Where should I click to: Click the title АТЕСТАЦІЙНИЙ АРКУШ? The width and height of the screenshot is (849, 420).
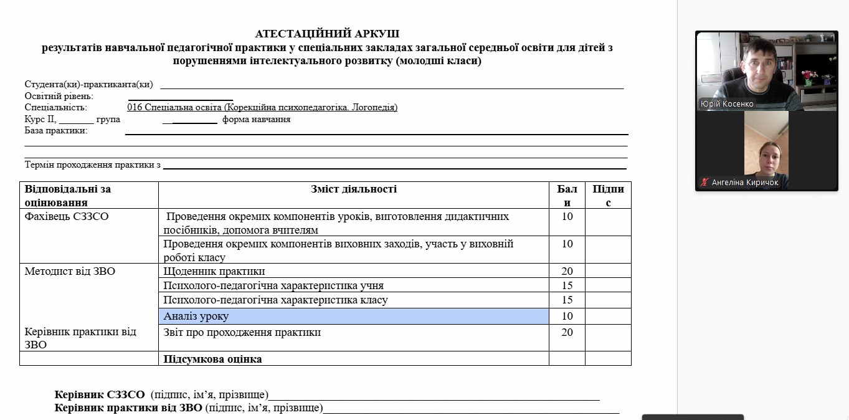pyautogui.click(x=327, y=34)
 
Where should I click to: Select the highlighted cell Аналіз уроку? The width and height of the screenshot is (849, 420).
pyautogui.click(x=353, y=317)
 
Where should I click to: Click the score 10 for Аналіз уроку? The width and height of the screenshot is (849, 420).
pyautogui.click(x=567, y=317)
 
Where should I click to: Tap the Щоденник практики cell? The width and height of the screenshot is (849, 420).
pyautogui.click(x=214, y=271)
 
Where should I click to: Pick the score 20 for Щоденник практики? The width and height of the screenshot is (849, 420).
pyautogui.click(x=567, y=271)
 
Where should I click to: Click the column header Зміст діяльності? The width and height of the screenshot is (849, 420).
pyautogui.click(x=353, y=189)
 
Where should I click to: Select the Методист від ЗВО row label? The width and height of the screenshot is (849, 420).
pyautogui.click(x=70, y=271)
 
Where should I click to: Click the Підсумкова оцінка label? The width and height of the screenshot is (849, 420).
pyautogui.click(x=212, y=359)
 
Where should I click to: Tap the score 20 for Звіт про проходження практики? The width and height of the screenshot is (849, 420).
pyautogui.click(x=567, y=333)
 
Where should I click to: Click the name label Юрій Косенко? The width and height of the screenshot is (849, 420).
pyautogui.click(x=727, y=104)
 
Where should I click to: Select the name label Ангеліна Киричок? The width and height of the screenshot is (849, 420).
pyautogui.click(x=745, y=183)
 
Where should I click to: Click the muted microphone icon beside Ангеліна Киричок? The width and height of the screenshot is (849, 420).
pyautogui.click(x=704, y=183)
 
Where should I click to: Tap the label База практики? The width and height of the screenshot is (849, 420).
pyautogui.click(x=56, y=131)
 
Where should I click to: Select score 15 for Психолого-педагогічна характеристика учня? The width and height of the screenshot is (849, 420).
pyautogui.click(x=567, y=285)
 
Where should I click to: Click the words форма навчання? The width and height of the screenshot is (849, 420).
pyautogui.click(x=256, y=119)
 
